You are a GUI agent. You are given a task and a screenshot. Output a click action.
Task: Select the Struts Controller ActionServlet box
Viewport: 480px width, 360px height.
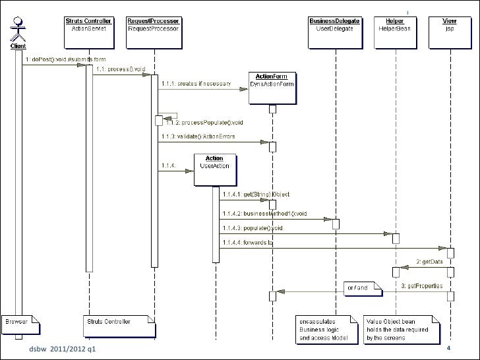tap(88, 24)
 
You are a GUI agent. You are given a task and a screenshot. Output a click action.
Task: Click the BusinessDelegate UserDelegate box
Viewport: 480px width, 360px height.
tap(335, 24)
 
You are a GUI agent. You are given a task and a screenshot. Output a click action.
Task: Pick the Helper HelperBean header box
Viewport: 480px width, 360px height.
tap(395, 24)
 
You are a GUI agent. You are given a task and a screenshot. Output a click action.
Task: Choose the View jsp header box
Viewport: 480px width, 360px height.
tap(449, 24)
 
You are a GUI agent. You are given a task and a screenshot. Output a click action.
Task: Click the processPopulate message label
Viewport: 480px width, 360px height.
tap(203, 123)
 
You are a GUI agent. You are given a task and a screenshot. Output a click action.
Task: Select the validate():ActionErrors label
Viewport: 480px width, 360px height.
tap(197, 136)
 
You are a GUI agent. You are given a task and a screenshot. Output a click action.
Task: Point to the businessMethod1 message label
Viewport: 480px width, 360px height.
tap(264, 214)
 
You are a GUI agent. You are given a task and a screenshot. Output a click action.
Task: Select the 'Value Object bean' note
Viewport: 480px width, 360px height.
tap(401, 329)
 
